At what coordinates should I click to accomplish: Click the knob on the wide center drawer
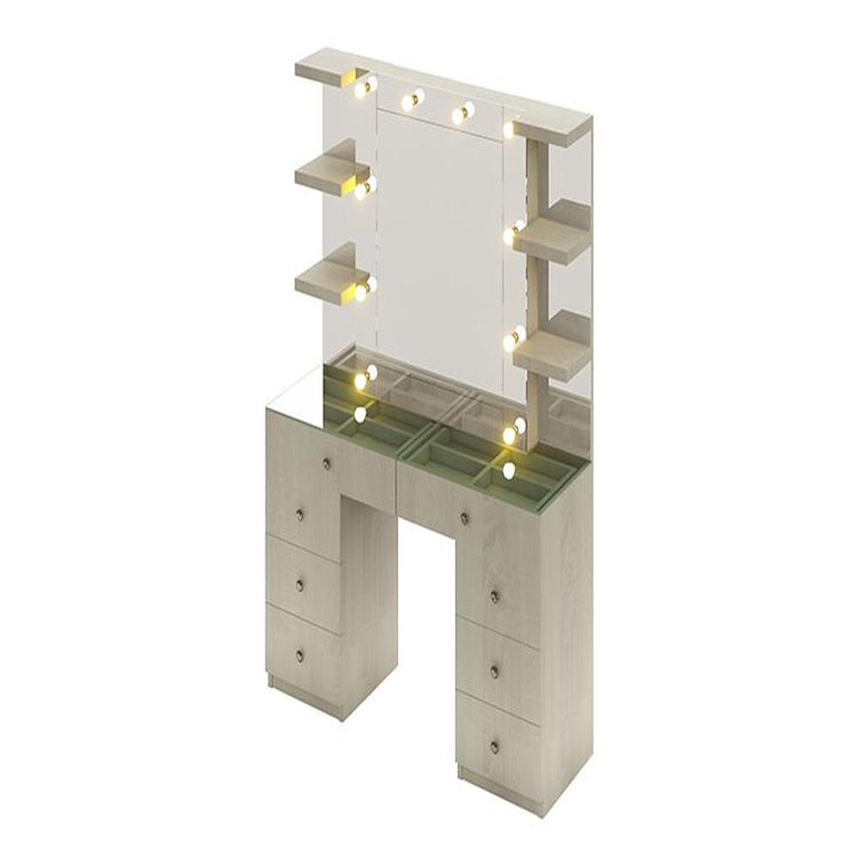464,517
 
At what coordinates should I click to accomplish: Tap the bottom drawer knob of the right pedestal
494,746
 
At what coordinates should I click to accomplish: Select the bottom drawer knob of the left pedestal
299,656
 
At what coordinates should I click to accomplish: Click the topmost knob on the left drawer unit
327,464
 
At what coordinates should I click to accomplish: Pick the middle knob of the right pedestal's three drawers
495,671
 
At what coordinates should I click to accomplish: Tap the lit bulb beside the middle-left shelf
365,190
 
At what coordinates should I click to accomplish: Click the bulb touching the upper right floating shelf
514,230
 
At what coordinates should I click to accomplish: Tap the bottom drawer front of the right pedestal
498,745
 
